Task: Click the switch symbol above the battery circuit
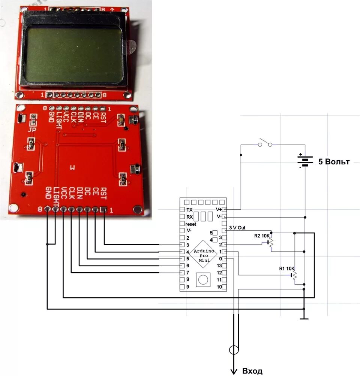point(265,143)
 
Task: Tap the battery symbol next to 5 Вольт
point(305,161)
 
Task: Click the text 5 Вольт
point(334,162)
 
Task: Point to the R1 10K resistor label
point(287,269)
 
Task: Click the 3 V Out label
point(237,228)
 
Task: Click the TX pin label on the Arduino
point(189,210)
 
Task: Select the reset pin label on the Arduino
point(191,224)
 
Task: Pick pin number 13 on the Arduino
point(220,266)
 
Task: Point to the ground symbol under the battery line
point(304,318)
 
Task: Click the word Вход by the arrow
point(252,371)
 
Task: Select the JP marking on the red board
point(33,130)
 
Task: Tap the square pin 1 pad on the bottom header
point(103,210)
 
